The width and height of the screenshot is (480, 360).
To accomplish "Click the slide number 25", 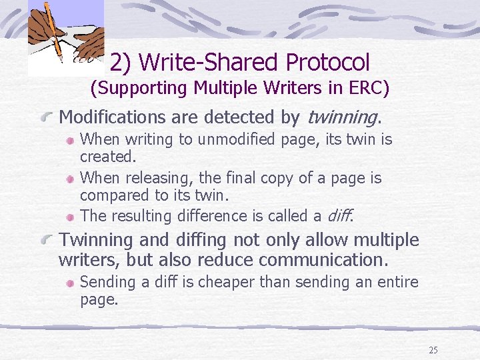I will click(433, 350).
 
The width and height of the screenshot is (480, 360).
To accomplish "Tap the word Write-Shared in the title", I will click(210, 62).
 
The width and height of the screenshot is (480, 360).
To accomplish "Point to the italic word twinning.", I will click(343, 117).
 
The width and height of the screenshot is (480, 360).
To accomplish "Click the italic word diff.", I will click(340, 216).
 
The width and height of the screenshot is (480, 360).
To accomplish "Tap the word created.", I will click(107, 157).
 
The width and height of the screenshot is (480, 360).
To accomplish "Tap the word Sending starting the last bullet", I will click(107, 282).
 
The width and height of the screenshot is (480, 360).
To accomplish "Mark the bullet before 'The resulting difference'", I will click(70, 217).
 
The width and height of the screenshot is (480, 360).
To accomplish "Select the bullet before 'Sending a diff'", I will click(70, 283).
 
